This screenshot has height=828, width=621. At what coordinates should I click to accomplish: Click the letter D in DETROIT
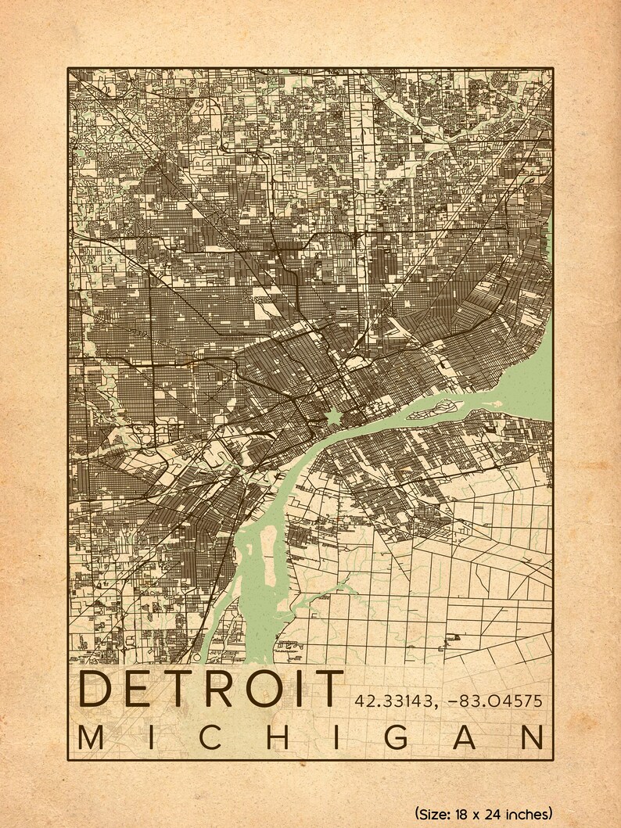[x=96, y=690]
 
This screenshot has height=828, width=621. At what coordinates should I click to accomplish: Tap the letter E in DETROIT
[x=142, y=690]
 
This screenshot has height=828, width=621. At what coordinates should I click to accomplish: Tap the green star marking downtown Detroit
[x=333, y=417]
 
